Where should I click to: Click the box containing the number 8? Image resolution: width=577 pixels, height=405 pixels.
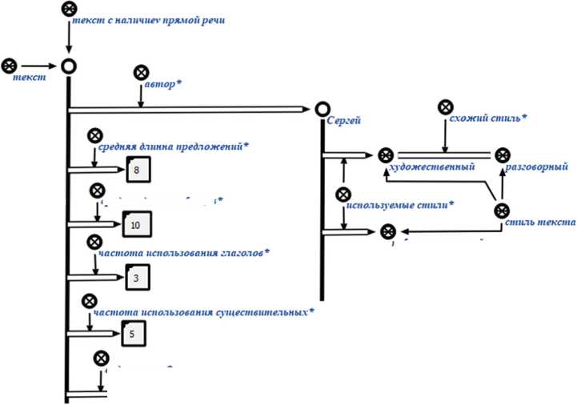point(138,170)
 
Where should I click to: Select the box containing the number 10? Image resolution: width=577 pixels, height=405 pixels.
point(135,225)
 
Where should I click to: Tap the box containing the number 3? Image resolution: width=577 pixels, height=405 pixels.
point(138,278)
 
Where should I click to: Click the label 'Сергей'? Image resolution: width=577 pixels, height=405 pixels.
point(345,122)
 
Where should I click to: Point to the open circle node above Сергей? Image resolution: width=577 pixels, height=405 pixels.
point(323,108)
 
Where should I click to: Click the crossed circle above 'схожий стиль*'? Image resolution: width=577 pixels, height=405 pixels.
point(445,107)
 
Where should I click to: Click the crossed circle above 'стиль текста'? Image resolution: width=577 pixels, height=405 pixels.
point(502,210)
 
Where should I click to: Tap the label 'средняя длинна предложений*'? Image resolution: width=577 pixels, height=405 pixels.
point(173,147)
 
